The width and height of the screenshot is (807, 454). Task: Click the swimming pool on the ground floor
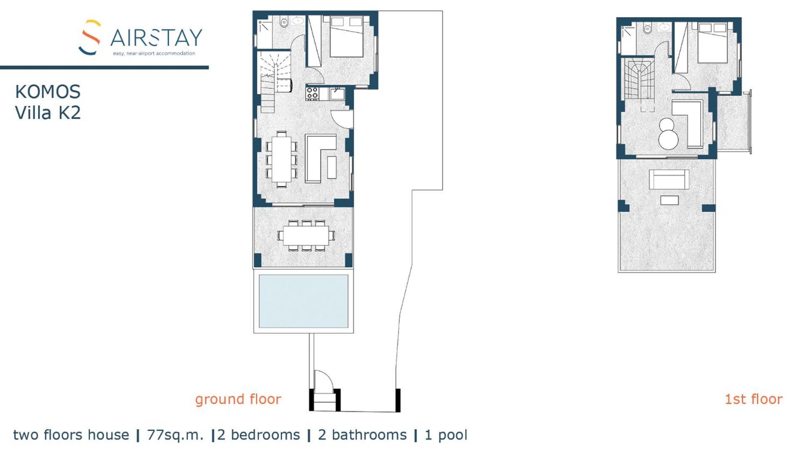click(x=303, y=301)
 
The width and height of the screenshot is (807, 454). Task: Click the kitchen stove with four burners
click(x=312, y=93)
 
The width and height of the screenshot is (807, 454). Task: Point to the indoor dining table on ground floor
click(x=281, y=158)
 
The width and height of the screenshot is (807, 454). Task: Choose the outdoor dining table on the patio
click(x=306, y=236)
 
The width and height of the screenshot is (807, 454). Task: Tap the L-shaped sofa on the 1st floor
click(x=688, y=124)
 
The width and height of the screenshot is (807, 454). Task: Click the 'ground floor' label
click(x=238, y=399)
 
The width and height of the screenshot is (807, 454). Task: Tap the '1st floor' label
click(x=754, y=399)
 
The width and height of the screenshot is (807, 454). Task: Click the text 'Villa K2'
click(x=48, y=113)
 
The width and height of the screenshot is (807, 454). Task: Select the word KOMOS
click(x=48, y=92)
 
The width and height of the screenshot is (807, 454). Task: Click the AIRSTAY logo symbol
click(x=90, y=37)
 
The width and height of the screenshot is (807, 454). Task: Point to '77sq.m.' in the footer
click(x=175, y=435)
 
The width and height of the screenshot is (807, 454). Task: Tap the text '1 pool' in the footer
click(x=446, y=435)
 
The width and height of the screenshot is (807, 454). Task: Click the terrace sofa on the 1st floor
click(x=669, y=179)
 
